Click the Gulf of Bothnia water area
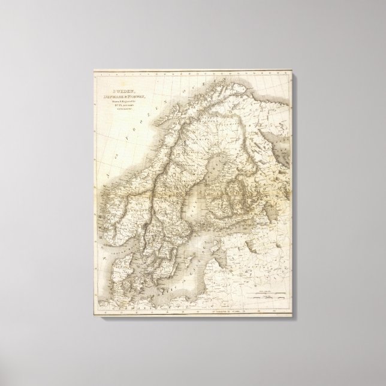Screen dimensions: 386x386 pos(190,180)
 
